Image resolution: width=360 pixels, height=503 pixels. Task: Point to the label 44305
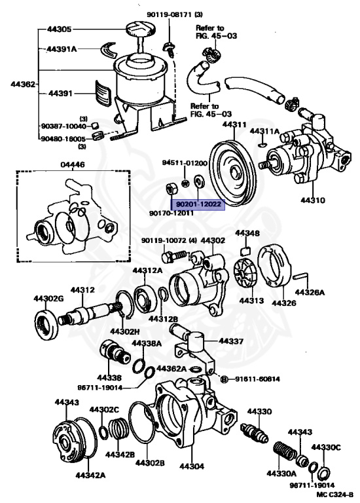click(x=59, y=29)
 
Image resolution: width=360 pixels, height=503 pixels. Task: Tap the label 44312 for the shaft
click(x=83, y=289)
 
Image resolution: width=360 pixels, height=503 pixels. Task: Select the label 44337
click(x=231, y=341)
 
